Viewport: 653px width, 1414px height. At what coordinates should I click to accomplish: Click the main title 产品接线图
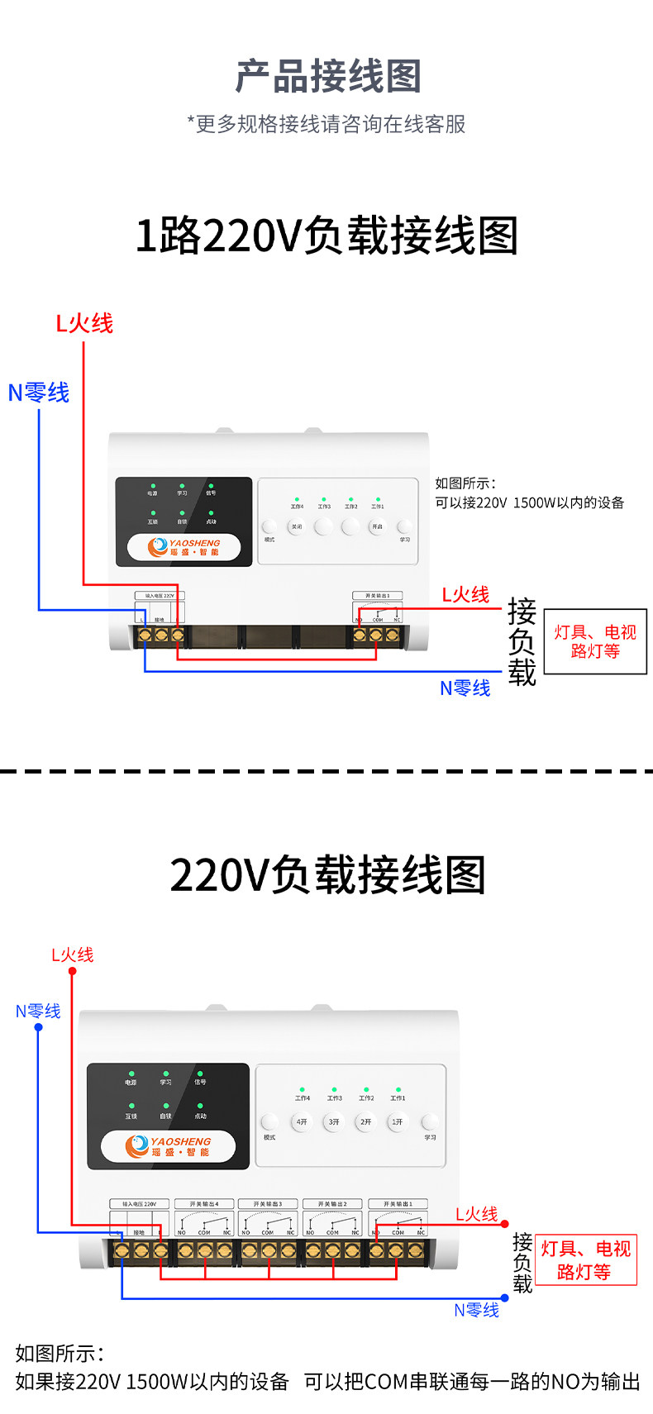point(328,77)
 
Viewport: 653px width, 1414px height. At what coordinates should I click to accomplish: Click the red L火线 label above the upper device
point(83,323)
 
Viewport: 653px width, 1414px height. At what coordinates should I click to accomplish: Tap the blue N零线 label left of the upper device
point(39,393)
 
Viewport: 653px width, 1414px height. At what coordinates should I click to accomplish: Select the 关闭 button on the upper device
point(297,526)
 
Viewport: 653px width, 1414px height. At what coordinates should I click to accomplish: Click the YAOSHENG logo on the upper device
point(184,547)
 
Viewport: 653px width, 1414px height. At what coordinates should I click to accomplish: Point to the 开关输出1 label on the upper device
point(377,595)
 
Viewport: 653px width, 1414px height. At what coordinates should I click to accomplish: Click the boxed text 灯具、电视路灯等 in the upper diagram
point(595,641)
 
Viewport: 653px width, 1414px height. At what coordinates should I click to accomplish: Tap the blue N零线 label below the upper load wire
point(465,688)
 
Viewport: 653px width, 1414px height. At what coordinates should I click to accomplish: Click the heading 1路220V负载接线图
point(326,236)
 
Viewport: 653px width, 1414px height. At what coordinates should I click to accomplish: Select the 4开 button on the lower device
point(302,1122)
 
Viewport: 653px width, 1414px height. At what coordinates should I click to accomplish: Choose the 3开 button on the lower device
point(334,1122)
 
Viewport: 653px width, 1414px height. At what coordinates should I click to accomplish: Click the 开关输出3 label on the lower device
point(268,1204)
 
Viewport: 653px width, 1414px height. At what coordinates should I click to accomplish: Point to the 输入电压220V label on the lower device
point(139,1204)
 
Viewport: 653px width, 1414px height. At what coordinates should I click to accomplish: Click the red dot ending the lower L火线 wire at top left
point(72,971)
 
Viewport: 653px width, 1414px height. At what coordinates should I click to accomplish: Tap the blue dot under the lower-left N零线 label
point(38,1027)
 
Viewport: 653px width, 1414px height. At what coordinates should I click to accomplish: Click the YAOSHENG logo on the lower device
point(169,1146)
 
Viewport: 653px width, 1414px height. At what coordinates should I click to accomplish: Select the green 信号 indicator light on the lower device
point(200,1074)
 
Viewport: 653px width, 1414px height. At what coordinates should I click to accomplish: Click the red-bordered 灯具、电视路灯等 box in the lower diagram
point(586,1259)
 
